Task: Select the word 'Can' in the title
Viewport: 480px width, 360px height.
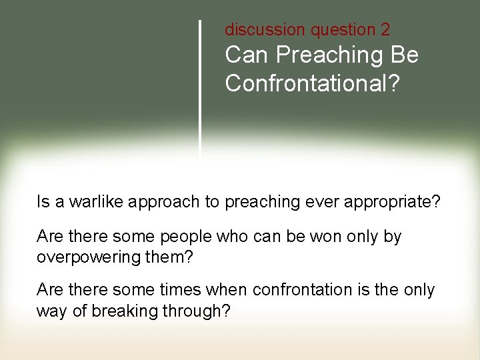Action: (245, 55)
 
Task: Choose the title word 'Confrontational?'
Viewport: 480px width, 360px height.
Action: (310, 83)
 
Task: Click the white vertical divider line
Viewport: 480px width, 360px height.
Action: (200, 87)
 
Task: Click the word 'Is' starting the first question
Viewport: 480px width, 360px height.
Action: (43, 202)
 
